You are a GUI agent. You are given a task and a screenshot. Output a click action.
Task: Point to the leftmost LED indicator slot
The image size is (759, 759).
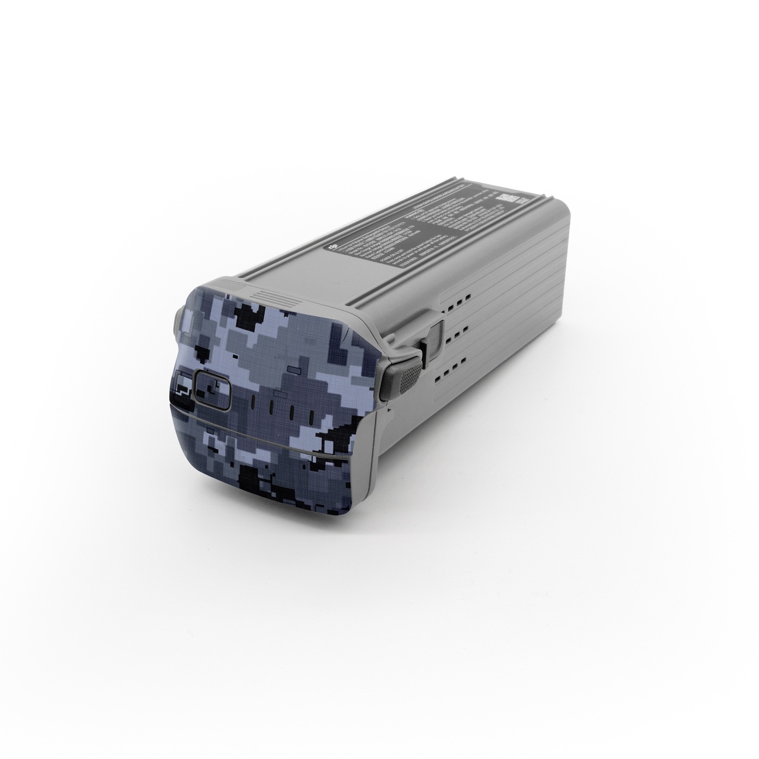pos(251,402)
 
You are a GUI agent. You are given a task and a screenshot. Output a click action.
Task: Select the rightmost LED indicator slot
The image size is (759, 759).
pos(310,416)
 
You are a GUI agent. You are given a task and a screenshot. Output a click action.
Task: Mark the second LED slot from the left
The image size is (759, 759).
pos(272,407)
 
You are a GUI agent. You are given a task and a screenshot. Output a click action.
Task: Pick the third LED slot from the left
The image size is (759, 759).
pos(292,412)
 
